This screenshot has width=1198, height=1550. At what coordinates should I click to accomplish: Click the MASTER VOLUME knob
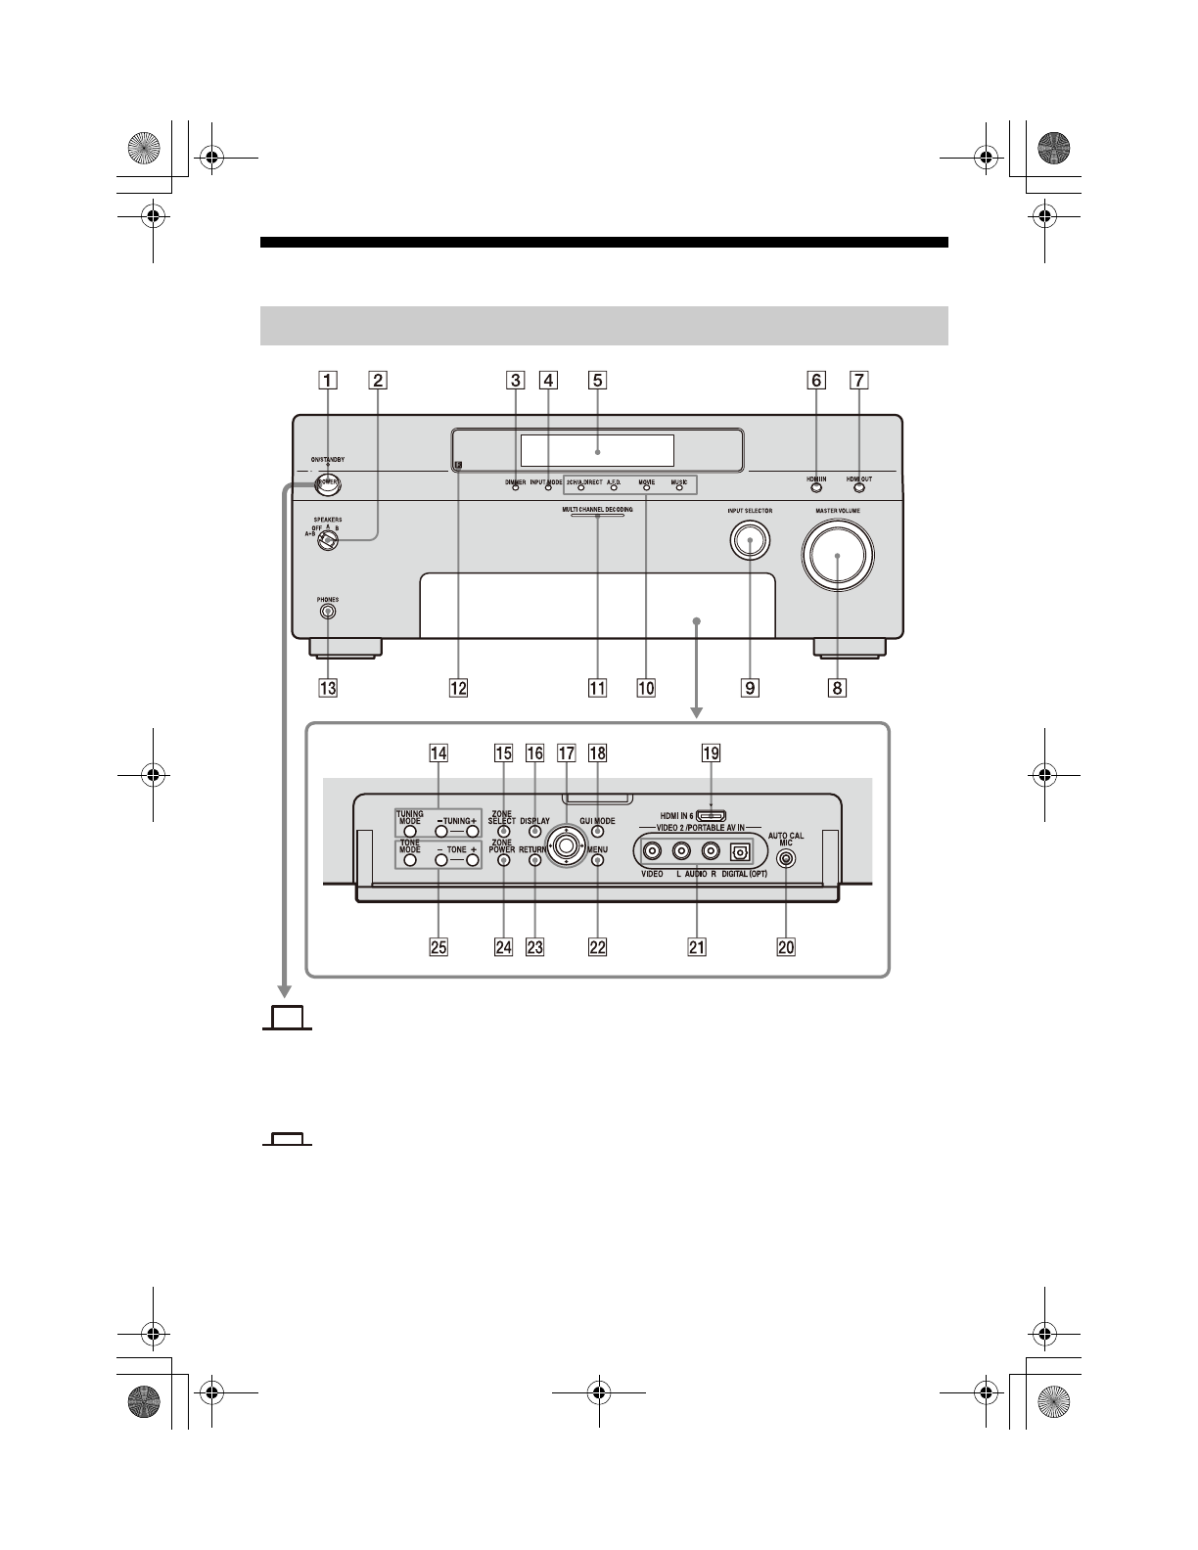click(838, 555)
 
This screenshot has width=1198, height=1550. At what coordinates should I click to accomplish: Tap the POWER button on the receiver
click(330, 484)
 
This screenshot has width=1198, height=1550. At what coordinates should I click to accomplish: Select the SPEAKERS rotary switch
click(328, 540)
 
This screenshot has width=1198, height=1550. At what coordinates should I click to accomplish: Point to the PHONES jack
click(328, 613)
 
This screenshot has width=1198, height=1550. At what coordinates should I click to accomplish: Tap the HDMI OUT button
click(858, 488)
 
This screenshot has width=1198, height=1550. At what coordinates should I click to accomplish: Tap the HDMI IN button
click(816, 488)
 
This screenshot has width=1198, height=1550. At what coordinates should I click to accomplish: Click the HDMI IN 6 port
click(711, 814)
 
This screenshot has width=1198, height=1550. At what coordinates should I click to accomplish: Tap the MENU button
click(597, 862)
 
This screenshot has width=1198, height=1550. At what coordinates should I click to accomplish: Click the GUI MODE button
click(597, 832)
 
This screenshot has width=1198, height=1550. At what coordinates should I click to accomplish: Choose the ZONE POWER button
click(503, 862)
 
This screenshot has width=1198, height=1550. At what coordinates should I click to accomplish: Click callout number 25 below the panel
click(438, 947)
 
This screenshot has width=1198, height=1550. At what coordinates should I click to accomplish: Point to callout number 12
click(458, 688)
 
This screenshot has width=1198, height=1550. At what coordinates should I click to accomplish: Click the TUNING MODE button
click(410, 831)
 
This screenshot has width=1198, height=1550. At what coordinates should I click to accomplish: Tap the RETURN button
click(534, 862)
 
